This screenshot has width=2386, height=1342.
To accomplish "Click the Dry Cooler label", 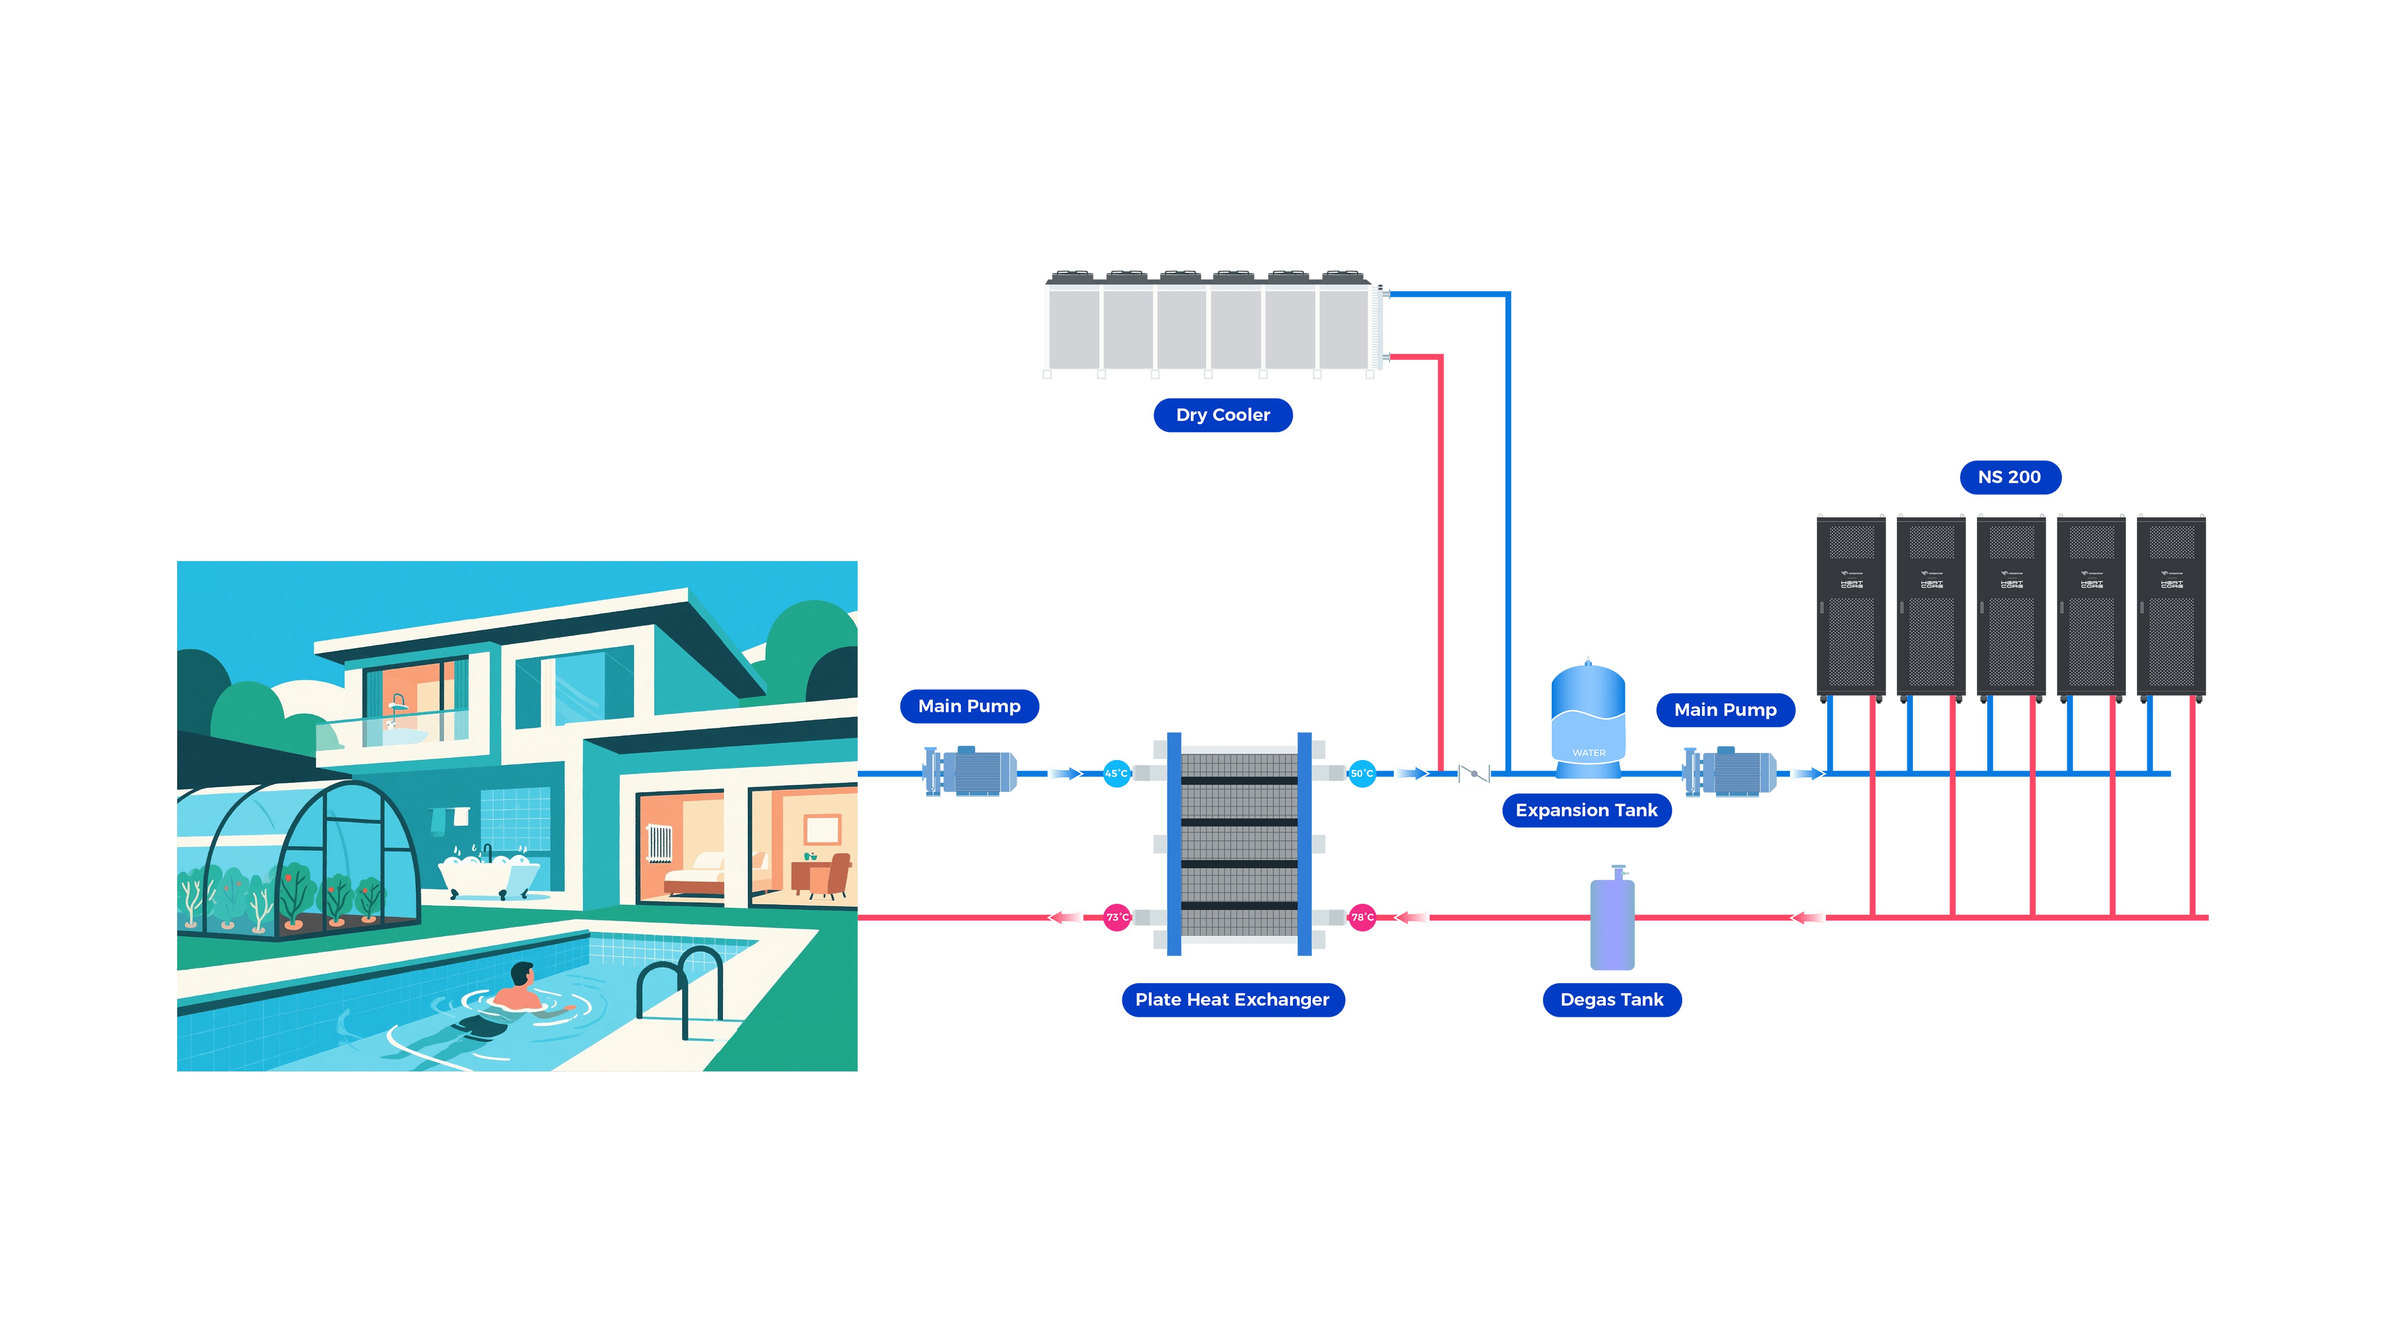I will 1223,415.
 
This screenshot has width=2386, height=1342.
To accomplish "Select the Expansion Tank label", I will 1586,810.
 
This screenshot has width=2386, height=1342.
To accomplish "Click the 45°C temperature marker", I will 1116,773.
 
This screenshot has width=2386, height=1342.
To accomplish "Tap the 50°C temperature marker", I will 1361,773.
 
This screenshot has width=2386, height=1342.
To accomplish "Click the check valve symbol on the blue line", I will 1473,773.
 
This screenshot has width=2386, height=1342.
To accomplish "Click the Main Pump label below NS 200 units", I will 1725,710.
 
